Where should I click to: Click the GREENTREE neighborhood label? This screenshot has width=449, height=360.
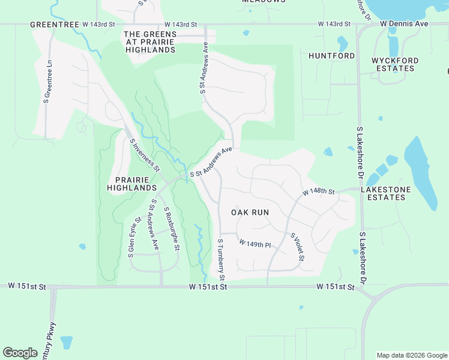pyautogui.click(x=55, y=25)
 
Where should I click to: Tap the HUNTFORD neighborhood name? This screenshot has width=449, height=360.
pyautogui.click(x=331, y=56)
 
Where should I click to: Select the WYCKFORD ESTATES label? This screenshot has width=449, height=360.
pyautogui.click(x=393, y=64)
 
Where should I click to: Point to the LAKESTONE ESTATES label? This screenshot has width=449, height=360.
pyautogui.click(x=385, y=193)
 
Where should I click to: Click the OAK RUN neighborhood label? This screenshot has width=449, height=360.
pyautogui.click(x=250, y=212)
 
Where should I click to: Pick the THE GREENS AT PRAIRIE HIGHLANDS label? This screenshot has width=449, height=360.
pyautogui.click(x=150, y=42)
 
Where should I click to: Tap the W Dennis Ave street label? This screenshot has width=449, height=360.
pyautogui.click(x=404, y=24)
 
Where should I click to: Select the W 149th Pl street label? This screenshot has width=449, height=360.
pyautogui.click(x=255, y=244)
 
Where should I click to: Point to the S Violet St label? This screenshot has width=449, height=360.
pyautogui.click(x=298, y=247)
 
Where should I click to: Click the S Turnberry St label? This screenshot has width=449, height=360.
pyautogui.click(x=221, y=259)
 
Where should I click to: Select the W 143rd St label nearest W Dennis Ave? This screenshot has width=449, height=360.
pyautogui.click(x=334, y=24)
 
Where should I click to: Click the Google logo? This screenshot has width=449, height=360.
pyautogui.click(x=20, y=353)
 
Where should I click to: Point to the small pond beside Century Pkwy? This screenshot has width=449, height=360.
pyautogui.click(x=66, y=342)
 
